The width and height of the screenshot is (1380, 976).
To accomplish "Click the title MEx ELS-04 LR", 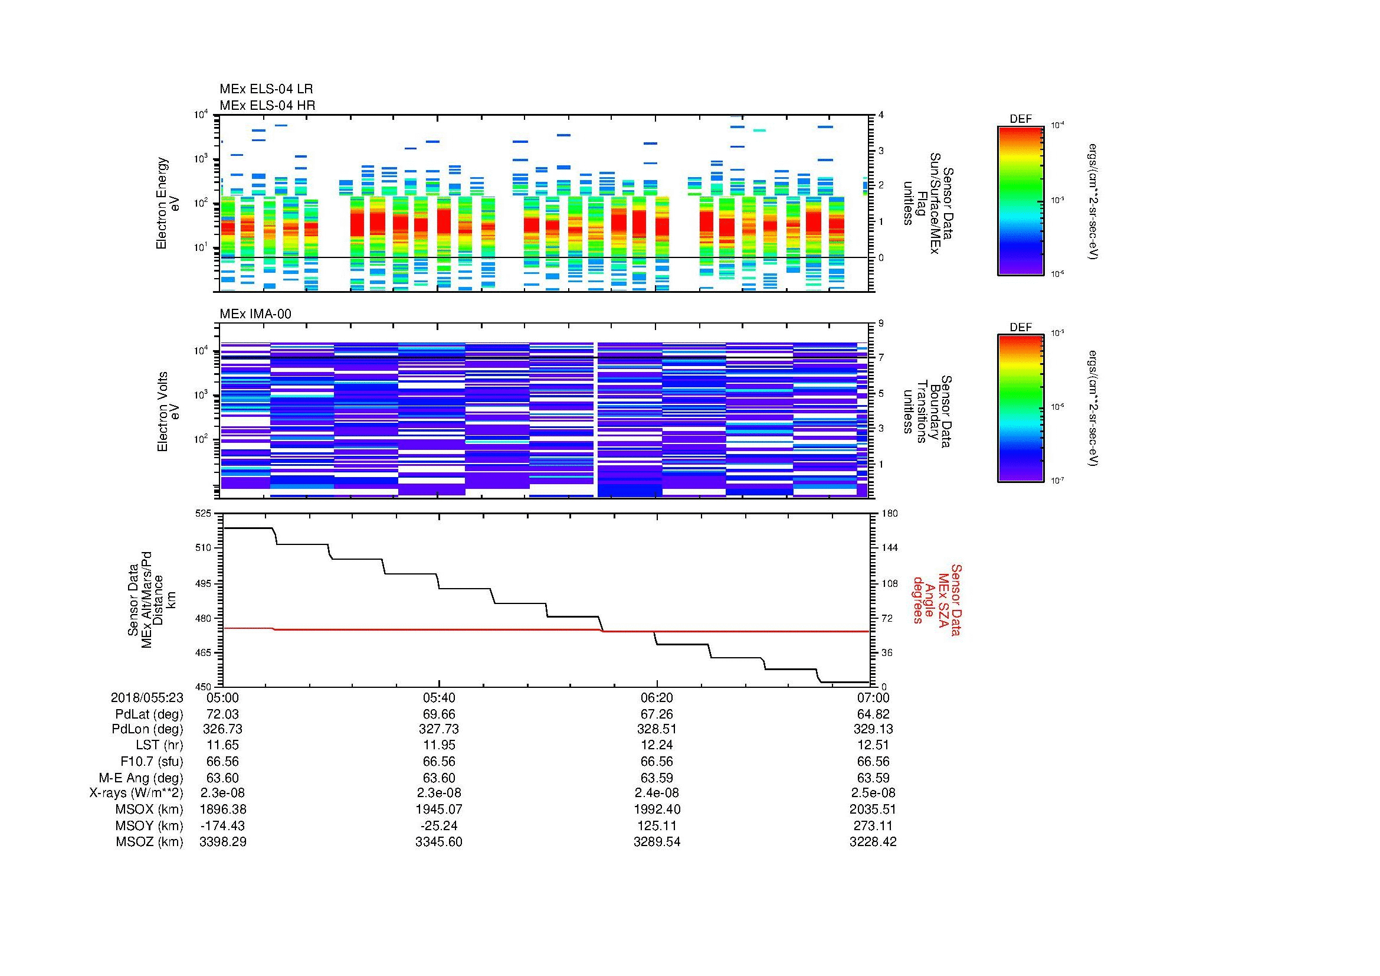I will [x=265, y=89].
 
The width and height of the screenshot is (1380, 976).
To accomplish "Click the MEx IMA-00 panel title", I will [x=255, y=314].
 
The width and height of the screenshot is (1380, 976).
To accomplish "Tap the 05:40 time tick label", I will [x=439, y=697].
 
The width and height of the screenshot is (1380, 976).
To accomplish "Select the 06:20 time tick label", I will [x=657, y=697].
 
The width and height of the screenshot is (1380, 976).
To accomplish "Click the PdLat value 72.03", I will [x=222, y=714].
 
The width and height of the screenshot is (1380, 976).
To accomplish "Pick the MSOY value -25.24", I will [x=439, y=825].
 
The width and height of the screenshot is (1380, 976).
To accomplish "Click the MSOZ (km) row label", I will [x=149, y=842].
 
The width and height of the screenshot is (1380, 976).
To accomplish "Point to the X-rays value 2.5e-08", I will [x=873, y=793].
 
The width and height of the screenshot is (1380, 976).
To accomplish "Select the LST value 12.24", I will [x=657, y=745].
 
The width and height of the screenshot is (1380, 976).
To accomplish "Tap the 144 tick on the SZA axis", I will [x=889, y=548].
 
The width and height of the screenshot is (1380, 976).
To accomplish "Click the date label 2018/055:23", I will [x=147, y=697].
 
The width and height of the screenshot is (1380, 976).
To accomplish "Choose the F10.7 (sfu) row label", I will [x=152, y=761].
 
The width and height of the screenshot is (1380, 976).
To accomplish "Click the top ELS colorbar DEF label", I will [x=1020, y=119].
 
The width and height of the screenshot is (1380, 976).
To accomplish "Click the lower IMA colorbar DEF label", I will [x=1020, y=328].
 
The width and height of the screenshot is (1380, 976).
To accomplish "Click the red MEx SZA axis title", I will [x=936, y=599].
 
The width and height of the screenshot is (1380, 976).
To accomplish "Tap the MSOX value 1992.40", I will [x=657, y=809].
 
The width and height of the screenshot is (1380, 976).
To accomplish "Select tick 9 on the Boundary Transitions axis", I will [x=881, y=324].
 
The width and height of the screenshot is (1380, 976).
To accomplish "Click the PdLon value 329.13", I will [x=873, y=729].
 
